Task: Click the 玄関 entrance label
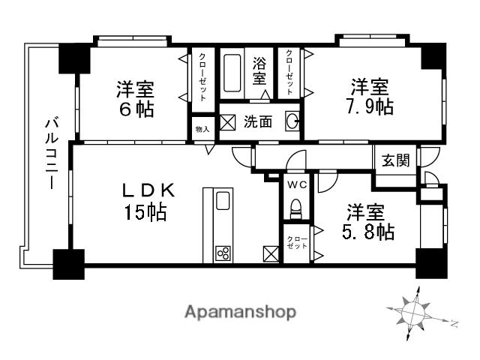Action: pyautogui.click(x=395, y=160)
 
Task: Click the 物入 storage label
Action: pyautogui.click(x=202, y=129)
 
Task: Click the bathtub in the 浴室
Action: pyautogui.click(x=232, y=70)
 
